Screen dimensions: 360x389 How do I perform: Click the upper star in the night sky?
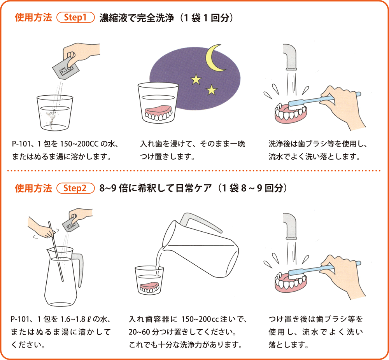pos(196,79)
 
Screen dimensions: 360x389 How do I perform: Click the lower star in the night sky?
pos(211,90)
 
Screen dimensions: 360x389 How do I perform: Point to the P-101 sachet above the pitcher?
pos(72,224)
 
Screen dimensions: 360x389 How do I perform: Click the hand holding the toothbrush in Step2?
pos(342,272)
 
